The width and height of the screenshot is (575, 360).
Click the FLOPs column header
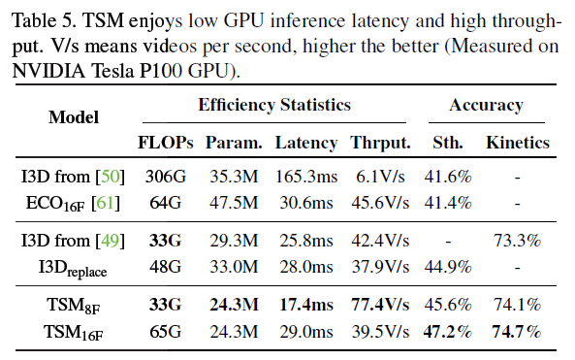[x=166, y=143]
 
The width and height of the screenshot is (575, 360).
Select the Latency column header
[x=306, y=143]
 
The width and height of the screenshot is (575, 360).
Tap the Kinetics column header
[x=518, y=143]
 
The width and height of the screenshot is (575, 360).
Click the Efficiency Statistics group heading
[x=274, y=105]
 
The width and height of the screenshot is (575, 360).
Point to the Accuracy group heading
[x=486, y=106]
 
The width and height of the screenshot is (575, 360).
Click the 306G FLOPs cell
[x=166, y=177]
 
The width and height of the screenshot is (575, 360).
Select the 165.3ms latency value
[x=306, y=177]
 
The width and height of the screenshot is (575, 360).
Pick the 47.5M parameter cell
[x=234, y=203]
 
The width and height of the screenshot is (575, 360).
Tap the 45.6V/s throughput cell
[x=380, y=203]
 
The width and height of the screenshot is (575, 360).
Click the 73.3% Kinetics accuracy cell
[x=518, y=241]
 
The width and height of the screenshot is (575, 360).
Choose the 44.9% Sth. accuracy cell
[x=448, y=267]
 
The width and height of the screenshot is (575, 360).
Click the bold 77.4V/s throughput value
[x=380, y=305]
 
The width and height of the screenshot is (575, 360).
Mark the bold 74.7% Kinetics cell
[x=517, y=332]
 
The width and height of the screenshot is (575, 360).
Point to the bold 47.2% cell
[x=447, y=332]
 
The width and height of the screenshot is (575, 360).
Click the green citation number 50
[x=110, y=177]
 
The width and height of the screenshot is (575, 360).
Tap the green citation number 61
[x=106, y=203]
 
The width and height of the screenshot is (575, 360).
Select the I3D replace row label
[x=73, y=268]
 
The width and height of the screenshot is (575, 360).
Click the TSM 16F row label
[x=74, y=333]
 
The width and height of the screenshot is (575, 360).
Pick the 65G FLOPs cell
[x=166, y=332]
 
